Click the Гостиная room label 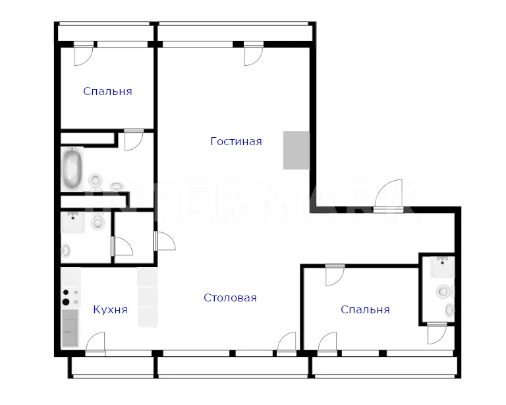[236, 141]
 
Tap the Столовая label [230, 297]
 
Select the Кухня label [111, 310]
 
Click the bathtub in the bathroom [72, 169]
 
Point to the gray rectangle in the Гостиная [296, 150]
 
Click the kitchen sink [70, 328]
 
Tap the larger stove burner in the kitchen [66, 302]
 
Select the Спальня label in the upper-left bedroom [107, 92]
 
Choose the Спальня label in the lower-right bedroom [365, 310]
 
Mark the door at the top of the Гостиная [254, 53]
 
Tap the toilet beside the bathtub [96, 180]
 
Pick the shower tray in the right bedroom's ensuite [443, 266]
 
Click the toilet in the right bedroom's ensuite [445, 292]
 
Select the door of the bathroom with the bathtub [134, 140]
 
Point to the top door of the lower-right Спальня [335, 275]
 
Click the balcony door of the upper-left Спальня [84, 53]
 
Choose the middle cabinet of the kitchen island [148, 297]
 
